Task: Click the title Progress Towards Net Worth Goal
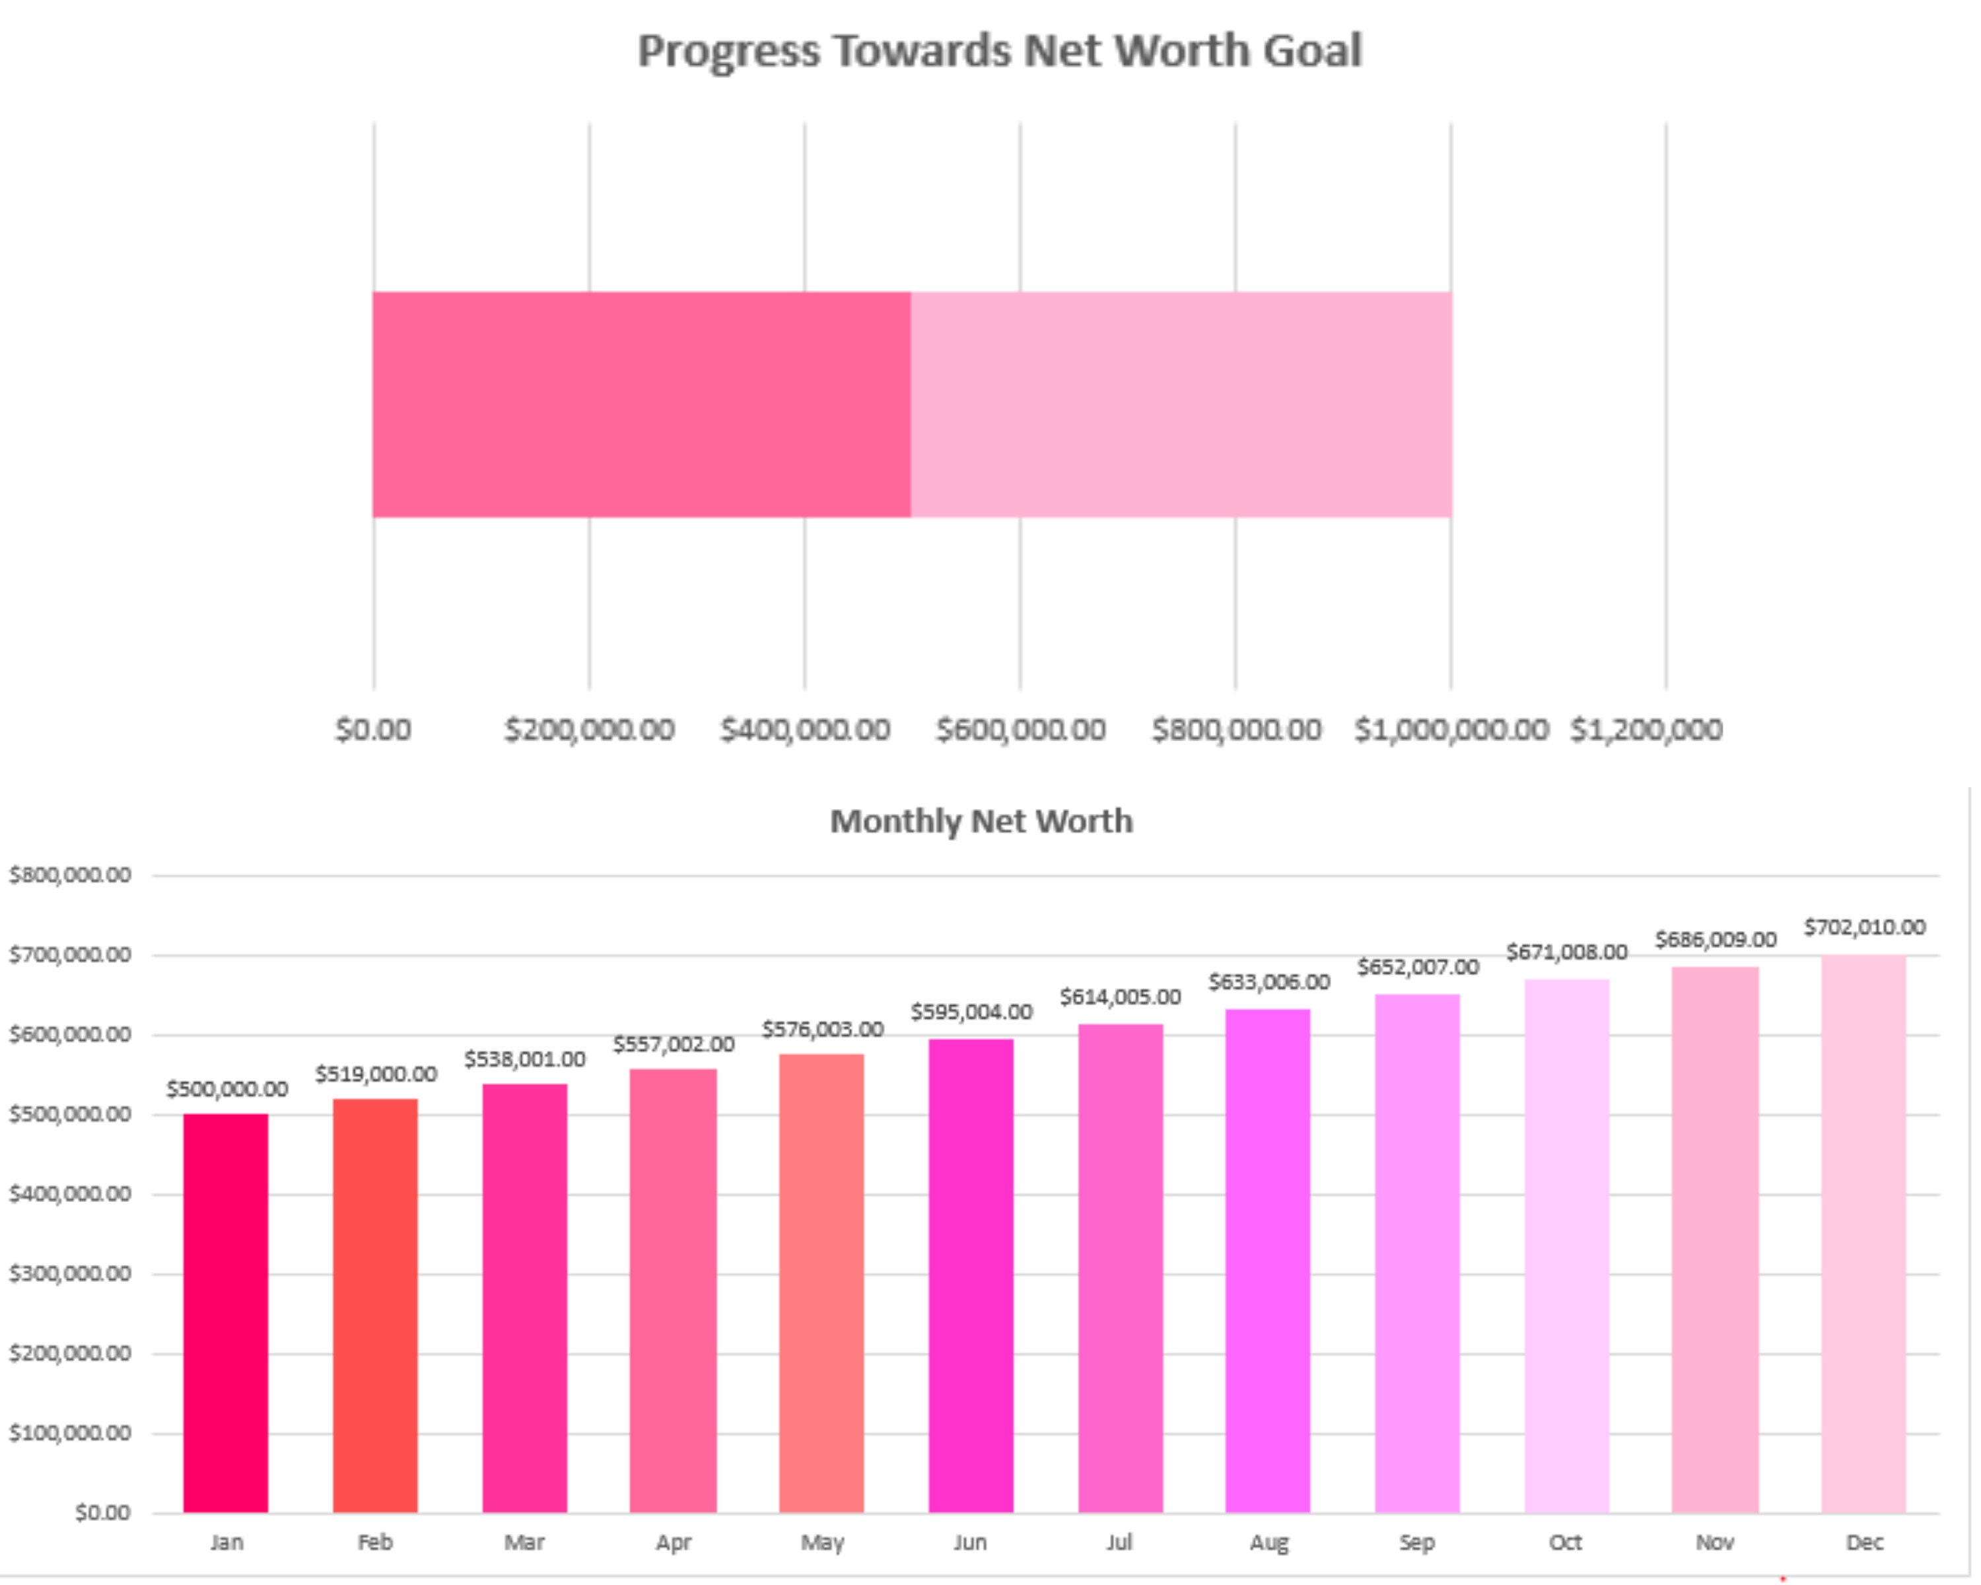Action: tap(999, 51)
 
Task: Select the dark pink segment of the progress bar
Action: tap(641, 404)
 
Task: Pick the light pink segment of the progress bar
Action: tap(1181, 404)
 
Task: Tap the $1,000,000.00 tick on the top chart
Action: tap(1451, 730)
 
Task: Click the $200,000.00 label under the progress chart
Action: tap(589, 730)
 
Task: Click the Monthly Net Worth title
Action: tap(981, 820)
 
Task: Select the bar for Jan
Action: tap(225, 1314)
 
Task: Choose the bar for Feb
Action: tap(375, 1305)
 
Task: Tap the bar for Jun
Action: tap(970, 1277)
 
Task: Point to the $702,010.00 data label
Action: tap(1863, 927)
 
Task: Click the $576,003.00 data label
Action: tap(822, 1029)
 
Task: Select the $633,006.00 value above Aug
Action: tap(1269, 982)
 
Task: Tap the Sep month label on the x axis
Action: tap(1417, 1542)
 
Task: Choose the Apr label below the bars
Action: tap(673, 1542)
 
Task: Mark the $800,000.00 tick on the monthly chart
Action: tap(70, 875)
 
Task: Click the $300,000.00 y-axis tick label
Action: tap(70, 1273)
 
